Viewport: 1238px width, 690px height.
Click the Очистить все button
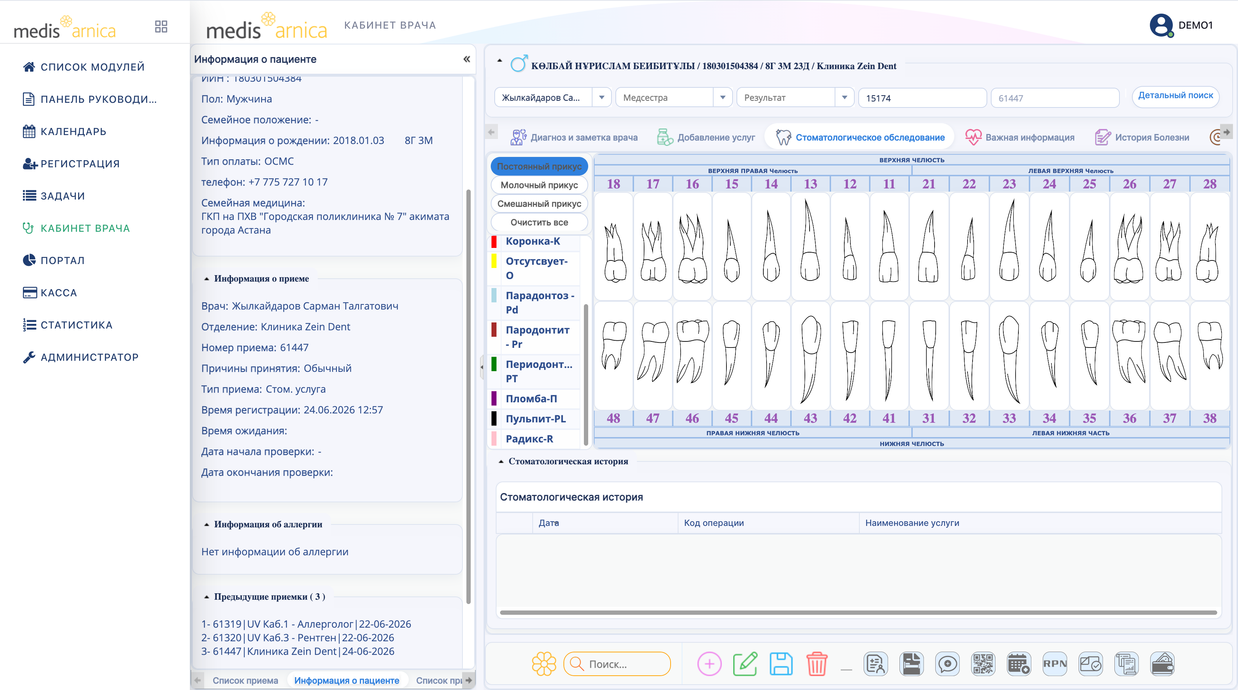click(539, 222)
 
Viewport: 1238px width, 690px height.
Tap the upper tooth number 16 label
click(692, 184)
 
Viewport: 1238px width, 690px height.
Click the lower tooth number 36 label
click(1129, 418)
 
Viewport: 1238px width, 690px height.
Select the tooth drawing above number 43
click(810, 358)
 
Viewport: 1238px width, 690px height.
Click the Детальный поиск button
click(1176, 96)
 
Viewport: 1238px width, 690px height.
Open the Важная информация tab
click(1020, 138)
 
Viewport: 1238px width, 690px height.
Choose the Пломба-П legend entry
click(531, 399)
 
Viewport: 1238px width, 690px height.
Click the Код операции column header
click(714, 523)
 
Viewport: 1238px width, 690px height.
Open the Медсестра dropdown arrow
click(722, 97)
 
